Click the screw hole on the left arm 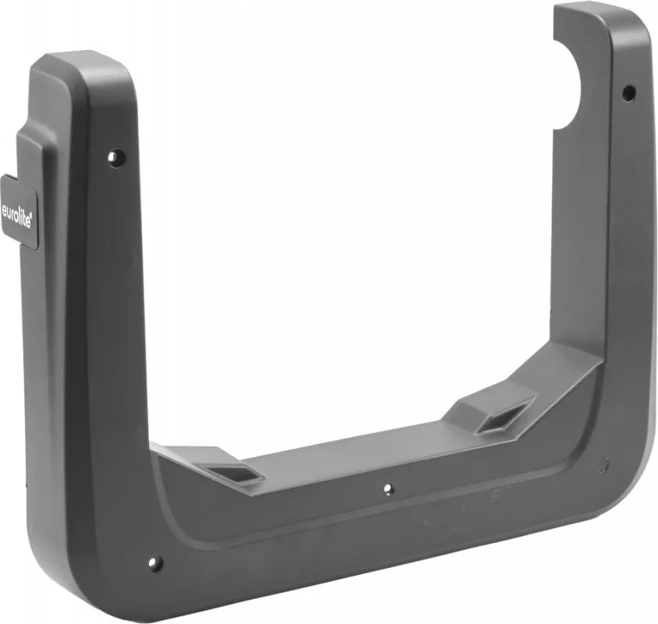pyautogui.click(x=116, y=158)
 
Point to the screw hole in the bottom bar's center pyautogui.click(x=387, y=490)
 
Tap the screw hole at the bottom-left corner pyautogui.click(x=155, y=562)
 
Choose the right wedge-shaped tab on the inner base pyautogui.click(x=491, y=409)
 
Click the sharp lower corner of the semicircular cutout pyautogui.click(x=554, y=129)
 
